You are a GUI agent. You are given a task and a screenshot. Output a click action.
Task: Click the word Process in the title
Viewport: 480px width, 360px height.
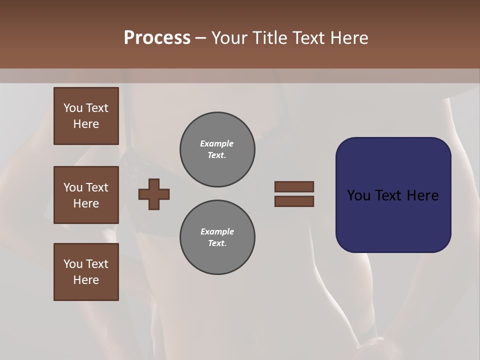pyautogui.click(x=157, y=38)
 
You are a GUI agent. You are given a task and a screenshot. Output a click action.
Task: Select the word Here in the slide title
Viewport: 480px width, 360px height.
pyautogui.click(x=348, y=38)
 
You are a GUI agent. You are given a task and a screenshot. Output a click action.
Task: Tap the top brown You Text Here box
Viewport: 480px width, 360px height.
pyautogui.click(x=86, y=116)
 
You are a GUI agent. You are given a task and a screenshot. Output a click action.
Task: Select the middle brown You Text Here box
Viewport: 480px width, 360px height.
pyautogui.click(x=86, y=195)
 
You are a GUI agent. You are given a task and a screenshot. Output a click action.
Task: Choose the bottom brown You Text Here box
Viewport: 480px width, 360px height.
pyautogui.click(x=86, y=272)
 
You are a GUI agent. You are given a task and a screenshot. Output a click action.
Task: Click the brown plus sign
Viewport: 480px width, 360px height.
pyautogui.click(x=154, y=194)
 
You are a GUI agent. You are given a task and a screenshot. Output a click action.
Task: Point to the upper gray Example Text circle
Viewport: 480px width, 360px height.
pyautogui.click(x=217, y=149)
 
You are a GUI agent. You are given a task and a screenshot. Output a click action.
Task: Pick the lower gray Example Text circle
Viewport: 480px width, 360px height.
pyautogui.click(x=217, y=237)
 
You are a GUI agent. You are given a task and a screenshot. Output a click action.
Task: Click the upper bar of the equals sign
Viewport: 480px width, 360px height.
pyautogui.click(x=294, y=186)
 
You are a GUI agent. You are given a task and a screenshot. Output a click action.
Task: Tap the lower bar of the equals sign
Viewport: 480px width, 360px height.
pyautogui.click(x=294, y=201)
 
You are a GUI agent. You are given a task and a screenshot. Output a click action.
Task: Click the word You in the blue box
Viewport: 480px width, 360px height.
pyautogui.click(x=358, y=195)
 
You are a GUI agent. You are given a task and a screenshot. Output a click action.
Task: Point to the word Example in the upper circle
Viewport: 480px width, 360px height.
pyautogui.click(x=217, y=143)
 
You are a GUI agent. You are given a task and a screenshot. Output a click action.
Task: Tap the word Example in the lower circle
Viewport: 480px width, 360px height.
pyautogui.click(x=217, y=231)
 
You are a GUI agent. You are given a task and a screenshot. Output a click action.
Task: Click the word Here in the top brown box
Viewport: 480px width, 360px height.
pyautogui.click(x=86, y=124)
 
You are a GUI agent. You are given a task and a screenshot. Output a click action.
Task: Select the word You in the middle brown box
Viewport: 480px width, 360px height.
pyautogui.click(x=72, y=187)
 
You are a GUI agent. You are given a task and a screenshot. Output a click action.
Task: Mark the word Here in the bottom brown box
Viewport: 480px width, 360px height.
pyautogui.click(x=86, y=280)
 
